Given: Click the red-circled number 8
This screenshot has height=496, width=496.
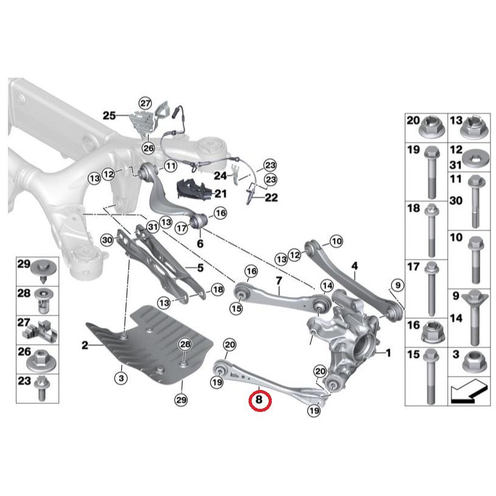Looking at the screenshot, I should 259,400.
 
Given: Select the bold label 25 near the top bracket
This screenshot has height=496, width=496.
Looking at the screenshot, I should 108,115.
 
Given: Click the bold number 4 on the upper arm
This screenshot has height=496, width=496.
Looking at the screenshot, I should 354,266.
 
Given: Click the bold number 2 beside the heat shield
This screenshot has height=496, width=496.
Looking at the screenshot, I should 85,345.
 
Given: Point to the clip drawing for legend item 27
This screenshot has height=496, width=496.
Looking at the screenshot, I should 40,329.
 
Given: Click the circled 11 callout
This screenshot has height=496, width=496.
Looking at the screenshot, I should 169,166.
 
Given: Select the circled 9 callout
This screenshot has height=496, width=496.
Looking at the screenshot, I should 397,285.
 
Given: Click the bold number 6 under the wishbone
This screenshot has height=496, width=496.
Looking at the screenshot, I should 199,242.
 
